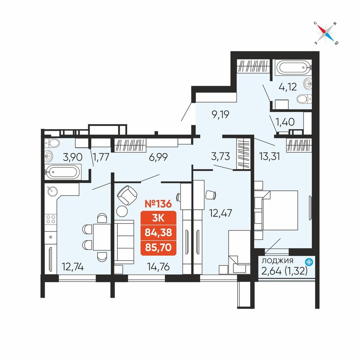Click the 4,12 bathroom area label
pos(288,87)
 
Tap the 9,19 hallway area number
pos(220,114)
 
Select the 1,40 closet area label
pos(285,122)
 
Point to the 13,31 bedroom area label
pos(270,157)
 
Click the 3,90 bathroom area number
pos(73,157)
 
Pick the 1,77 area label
pos(101,157)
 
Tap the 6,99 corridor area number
pos(158,157)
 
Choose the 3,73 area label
pos(220,156)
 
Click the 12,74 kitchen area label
pos(73,267)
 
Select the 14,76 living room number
pos(158,267)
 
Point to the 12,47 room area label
pos(220,213)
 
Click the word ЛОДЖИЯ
pos(278,261)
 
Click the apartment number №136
pos(158,204)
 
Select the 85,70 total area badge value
pos(158,248)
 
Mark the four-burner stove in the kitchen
pos(51,219)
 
